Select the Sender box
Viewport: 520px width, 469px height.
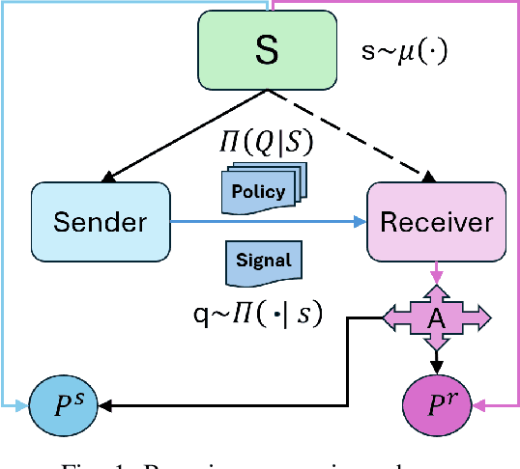(101, 221)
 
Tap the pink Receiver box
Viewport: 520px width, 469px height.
(436, 221)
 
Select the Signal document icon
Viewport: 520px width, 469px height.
(262, 262)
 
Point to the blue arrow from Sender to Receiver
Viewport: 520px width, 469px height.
(271, 222)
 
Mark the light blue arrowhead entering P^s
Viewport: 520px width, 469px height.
(24, 402)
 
